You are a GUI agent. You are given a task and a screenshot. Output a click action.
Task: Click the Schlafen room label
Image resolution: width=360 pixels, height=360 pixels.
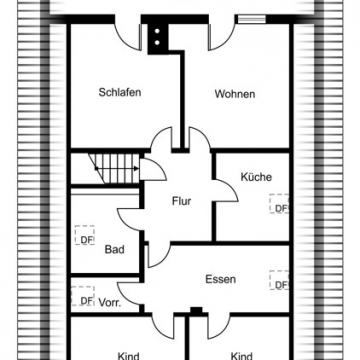(x=119, y=93)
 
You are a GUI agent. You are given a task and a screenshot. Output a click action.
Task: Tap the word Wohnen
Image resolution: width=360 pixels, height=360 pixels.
(x=234, y=94)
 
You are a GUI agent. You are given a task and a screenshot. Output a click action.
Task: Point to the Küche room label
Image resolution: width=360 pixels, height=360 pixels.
(x=256, y=177)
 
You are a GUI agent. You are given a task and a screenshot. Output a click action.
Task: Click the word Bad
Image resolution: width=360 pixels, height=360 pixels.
(x=114, y=250)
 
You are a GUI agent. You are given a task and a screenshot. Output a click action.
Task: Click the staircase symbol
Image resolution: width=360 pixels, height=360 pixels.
(x=111, y=165)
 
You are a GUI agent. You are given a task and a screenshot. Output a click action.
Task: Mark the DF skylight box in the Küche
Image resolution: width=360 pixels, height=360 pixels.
(x=281, y=208)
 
